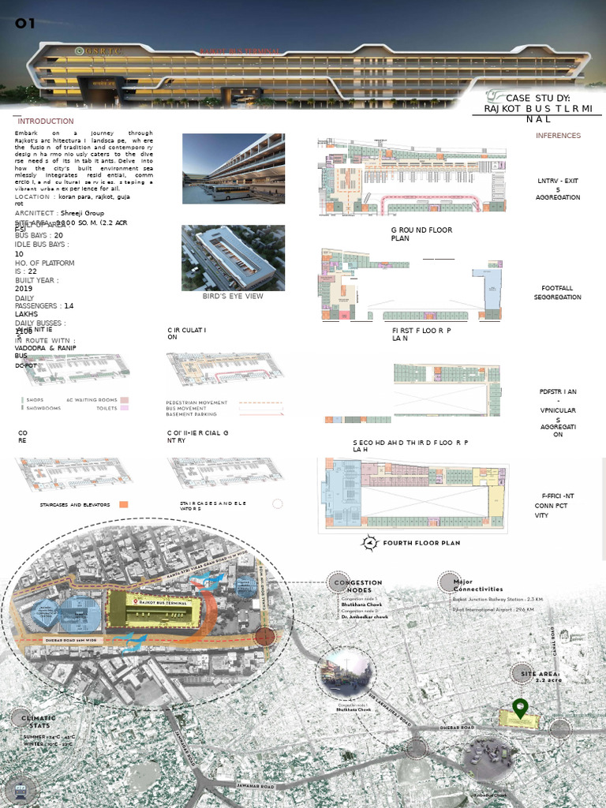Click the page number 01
(x=25, y=23)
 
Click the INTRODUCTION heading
(x=46, y=121)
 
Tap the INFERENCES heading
(x=558, y=136)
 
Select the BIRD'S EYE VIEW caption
(x=233, y=296)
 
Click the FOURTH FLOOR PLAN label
(x=421, y=543)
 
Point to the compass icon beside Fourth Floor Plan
(x=371, y=543)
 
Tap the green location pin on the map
(x=520, y=708)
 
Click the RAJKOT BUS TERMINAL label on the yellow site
(x=169, y=601)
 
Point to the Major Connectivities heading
(x=477, y=585)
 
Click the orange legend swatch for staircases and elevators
(x=124, y=504)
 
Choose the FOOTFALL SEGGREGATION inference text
(x=561, y=293)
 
